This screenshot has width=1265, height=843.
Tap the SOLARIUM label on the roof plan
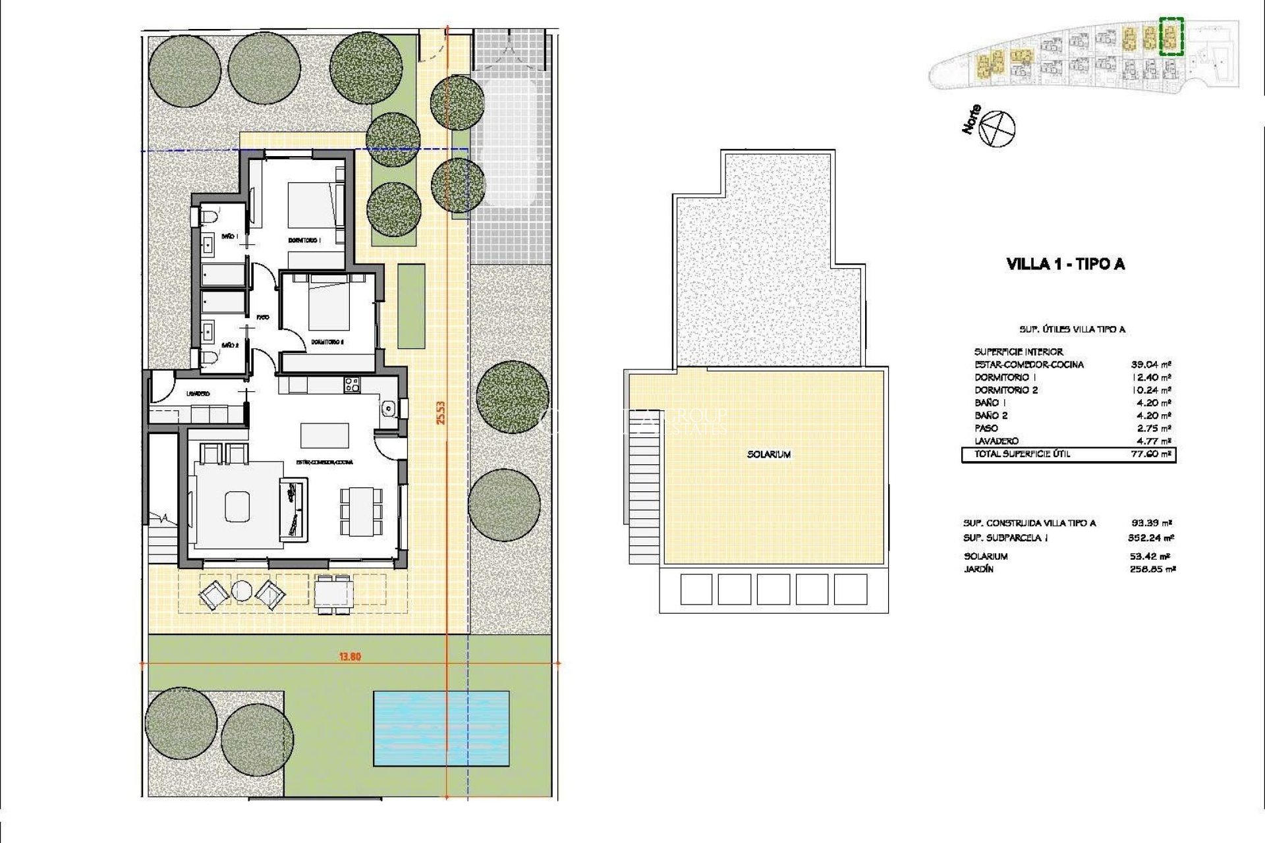click(x=769, y=454)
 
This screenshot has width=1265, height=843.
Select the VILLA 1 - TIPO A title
click(x=1065, y=264)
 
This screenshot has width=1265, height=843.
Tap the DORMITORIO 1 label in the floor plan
click(x=304, y=240)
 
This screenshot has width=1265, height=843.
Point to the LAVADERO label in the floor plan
click(x=198, y=394)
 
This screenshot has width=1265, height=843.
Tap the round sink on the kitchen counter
click(x=389, y=409)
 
